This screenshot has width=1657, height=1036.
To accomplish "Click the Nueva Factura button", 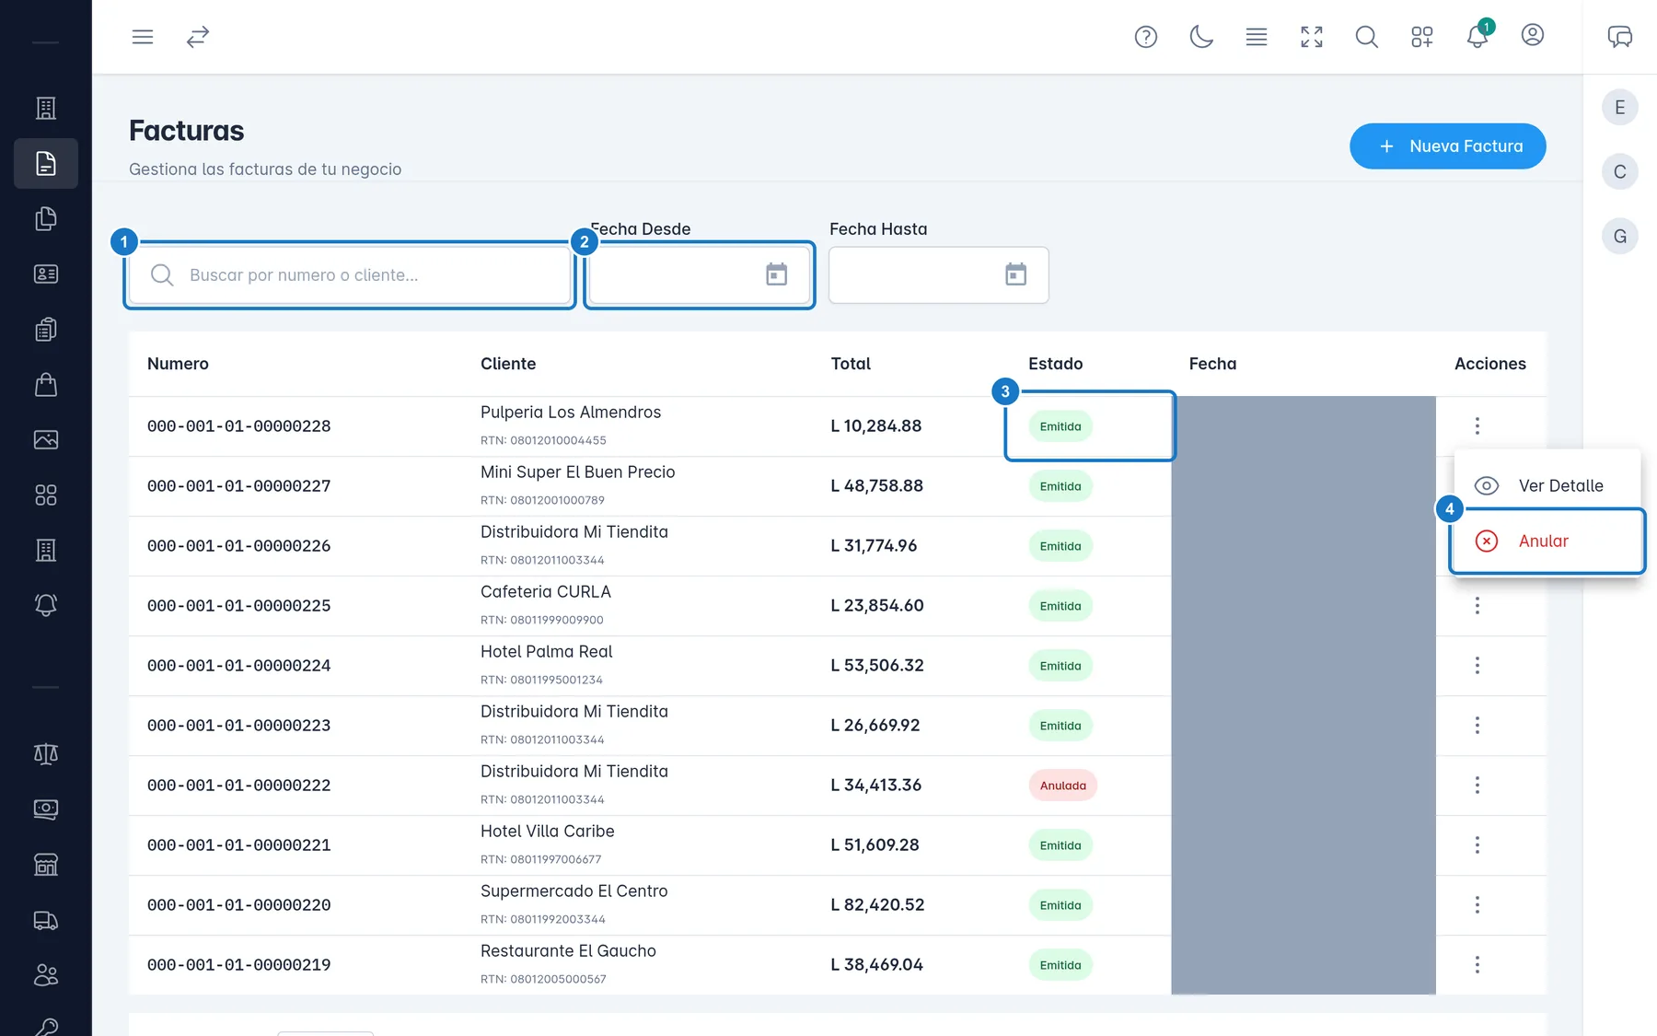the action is point(1447,146).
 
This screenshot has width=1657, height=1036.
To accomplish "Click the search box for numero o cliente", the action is point(350,274).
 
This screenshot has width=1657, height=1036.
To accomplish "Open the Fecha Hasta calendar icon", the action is point(1015,274).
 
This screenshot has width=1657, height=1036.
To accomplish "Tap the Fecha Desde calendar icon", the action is point(777,274).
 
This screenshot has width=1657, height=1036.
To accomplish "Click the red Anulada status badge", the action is point(1062,786).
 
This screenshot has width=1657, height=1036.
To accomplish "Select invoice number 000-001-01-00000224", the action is point(238,666).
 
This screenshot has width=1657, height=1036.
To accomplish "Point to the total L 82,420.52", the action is point(884,905).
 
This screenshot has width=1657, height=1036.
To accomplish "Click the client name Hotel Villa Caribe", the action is point(547,832).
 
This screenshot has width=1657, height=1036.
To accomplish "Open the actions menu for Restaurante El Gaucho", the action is point(1477,965).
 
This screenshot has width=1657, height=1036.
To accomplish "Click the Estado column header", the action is point(1055,364).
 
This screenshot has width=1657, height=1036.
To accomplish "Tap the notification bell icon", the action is point(1477,37).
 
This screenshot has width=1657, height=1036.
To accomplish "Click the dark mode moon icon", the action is point(1201,37).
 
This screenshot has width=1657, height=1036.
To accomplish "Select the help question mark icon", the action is point(1146,37).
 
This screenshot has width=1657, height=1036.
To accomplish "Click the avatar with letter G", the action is point(1620,237).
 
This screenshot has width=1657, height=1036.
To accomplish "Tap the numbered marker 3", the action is point(1005,391).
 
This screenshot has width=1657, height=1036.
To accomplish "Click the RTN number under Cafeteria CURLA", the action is point(542,620).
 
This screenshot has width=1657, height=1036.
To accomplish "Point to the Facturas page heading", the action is point(187,131).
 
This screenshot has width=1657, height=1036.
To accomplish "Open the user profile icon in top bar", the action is point(1533,35).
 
